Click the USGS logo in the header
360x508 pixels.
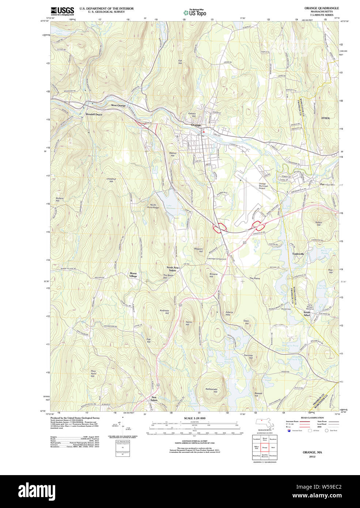[62, 11]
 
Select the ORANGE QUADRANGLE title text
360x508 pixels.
[321, 8]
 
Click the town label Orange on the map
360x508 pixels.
[196, 125]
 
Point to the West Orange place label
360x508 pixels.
[118, 106]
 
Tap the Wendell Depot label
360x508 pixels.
[94, 114]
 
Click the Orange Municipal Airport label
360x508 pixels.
[263, 186]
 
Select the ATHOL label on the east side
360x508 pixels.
[325, 118]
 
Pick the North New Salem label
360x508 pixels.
[173, 269]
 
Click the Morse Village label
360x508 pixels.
[133, 275]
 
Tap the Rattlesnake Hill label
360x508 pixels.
[211, 390]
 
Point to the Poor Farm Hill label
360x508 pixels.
[94, 373]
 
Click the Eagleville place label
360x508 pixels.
[298, 254]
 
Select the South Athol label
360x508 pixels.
[307, 314]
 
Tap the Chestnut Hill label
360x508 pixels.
[111, 180]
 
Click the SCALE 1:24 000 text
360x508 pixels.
[194, 418]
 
